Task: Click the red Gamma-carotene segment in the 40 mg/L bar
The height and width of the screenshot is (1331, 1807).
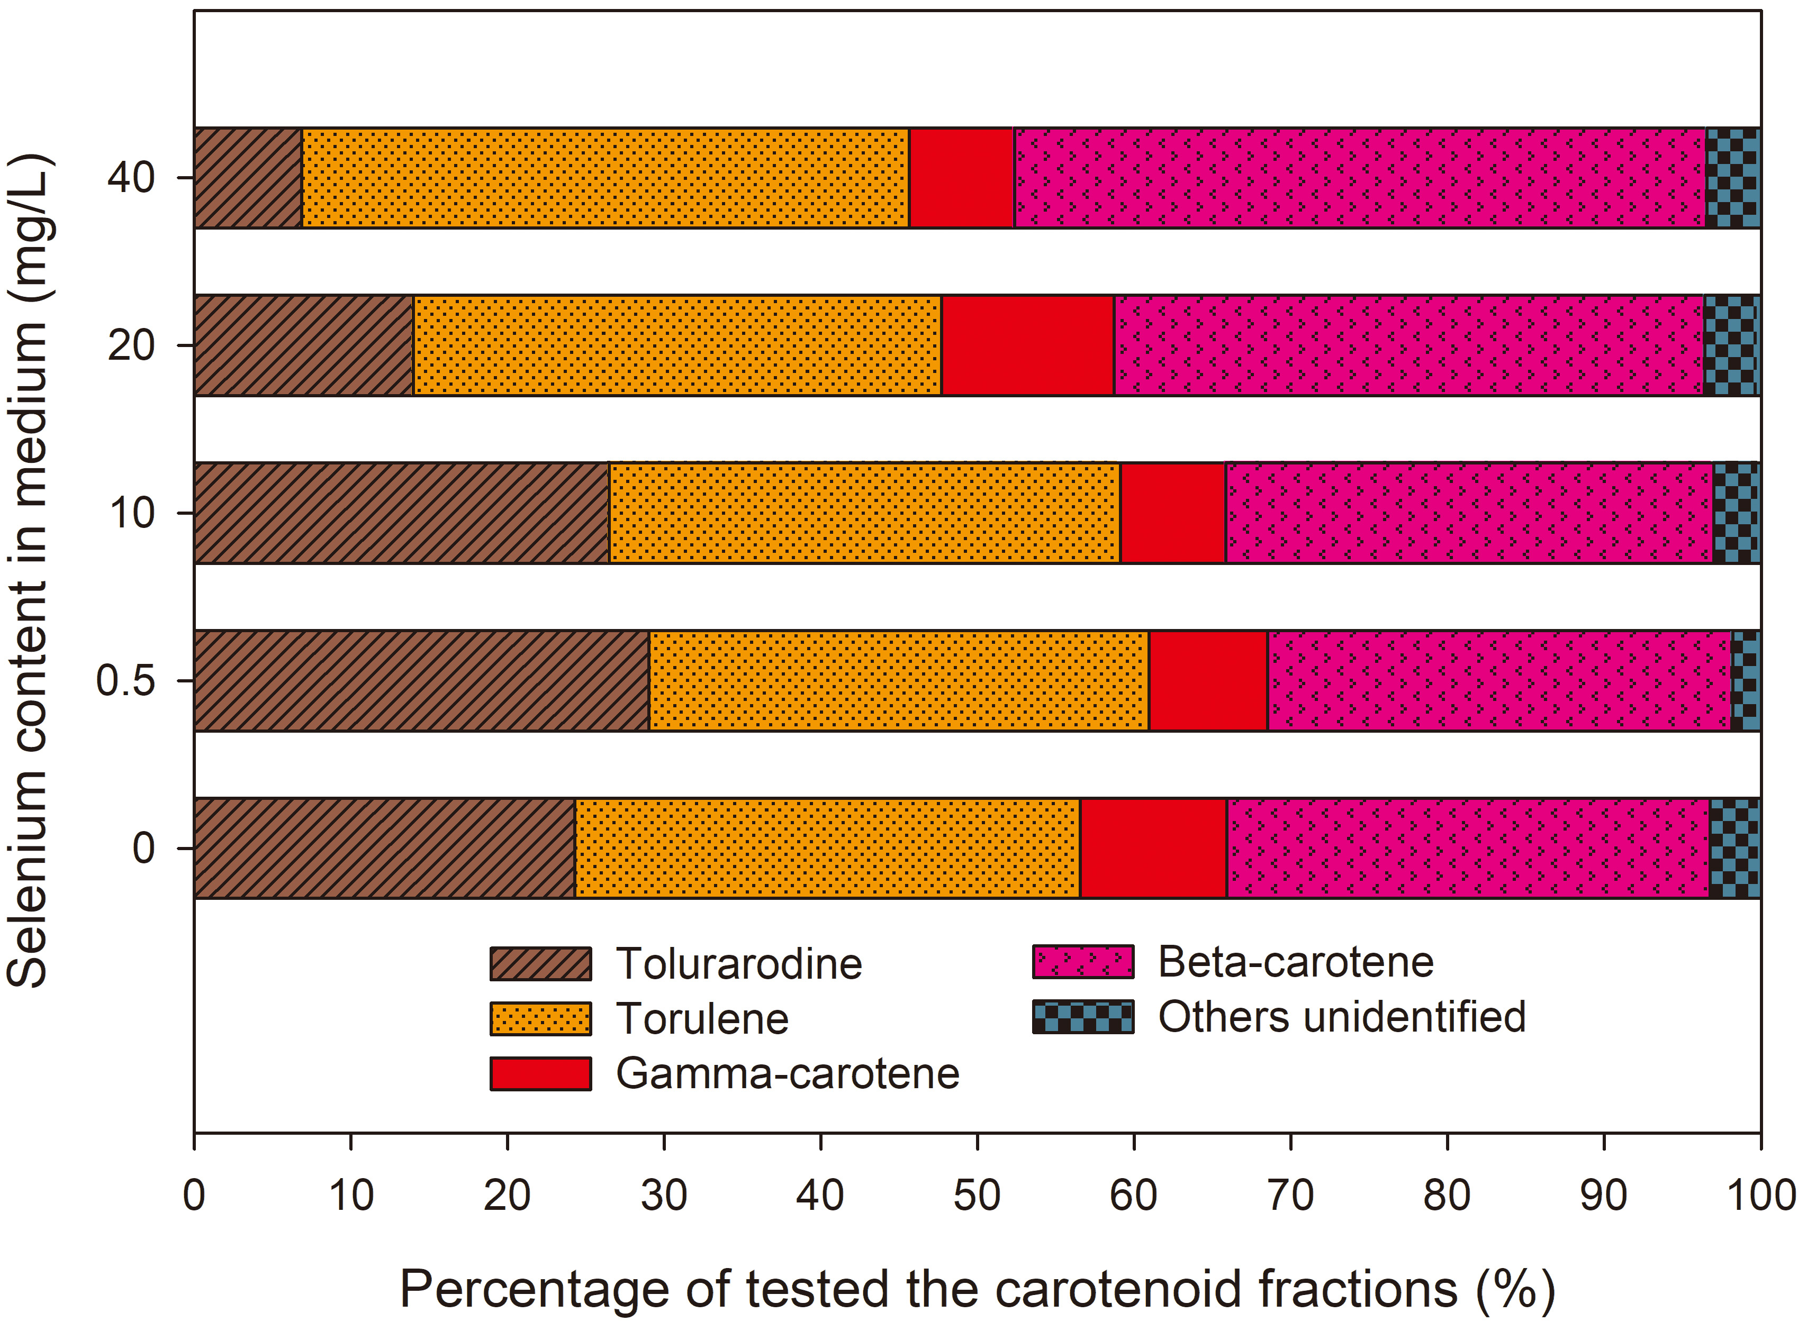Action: (x=961, y=177)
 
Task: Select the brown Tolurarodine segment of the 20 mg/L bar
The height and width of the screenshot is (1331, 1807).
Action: (x=304, y=345)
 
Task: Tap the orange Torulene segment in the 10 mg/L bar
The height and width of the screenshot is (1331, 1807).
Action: (x=864, y=513)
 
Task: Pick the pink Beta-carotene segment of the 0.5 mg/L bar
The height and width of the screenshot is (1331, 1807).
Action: (x=1499, y=681)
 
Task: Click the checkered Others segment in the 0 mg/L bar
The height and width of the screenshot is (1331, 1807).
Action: (x=1734, y=849)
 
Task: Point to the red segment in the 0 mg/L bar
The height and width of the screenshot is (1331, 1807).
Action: (x=1153, y=849)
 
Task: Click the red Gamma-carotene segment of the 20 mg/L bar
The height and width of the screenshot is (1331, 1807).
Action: (x=1028, y=345)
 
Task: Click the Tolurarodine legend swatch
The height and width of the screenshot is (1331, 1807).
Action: (x=540, y=964)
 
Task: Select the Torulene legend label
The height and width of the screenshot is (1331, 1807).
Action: (x=702, y=1018)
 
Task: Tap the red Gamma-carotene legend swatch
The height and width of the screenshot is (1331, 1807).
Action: (x=540, y=1073)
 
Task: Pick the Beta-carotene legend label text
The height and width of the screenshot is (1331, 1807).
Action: (x=1295, y=962)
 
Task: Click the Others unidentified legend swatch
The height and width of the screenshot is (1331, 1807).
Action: (x=1082, y=1017)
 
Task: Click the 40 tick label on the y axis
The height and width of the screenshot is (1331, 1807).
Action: (x=131, y=177)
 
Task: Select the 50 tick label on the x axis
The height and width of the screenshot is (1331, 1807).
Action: (x=977, y=1195)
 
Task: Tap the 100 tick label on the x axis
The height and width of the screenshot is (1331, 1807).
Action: (x=1760, y=1195)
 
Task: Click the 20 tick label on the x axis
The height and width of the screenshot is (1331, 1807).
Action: (x=507, y=1195)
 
